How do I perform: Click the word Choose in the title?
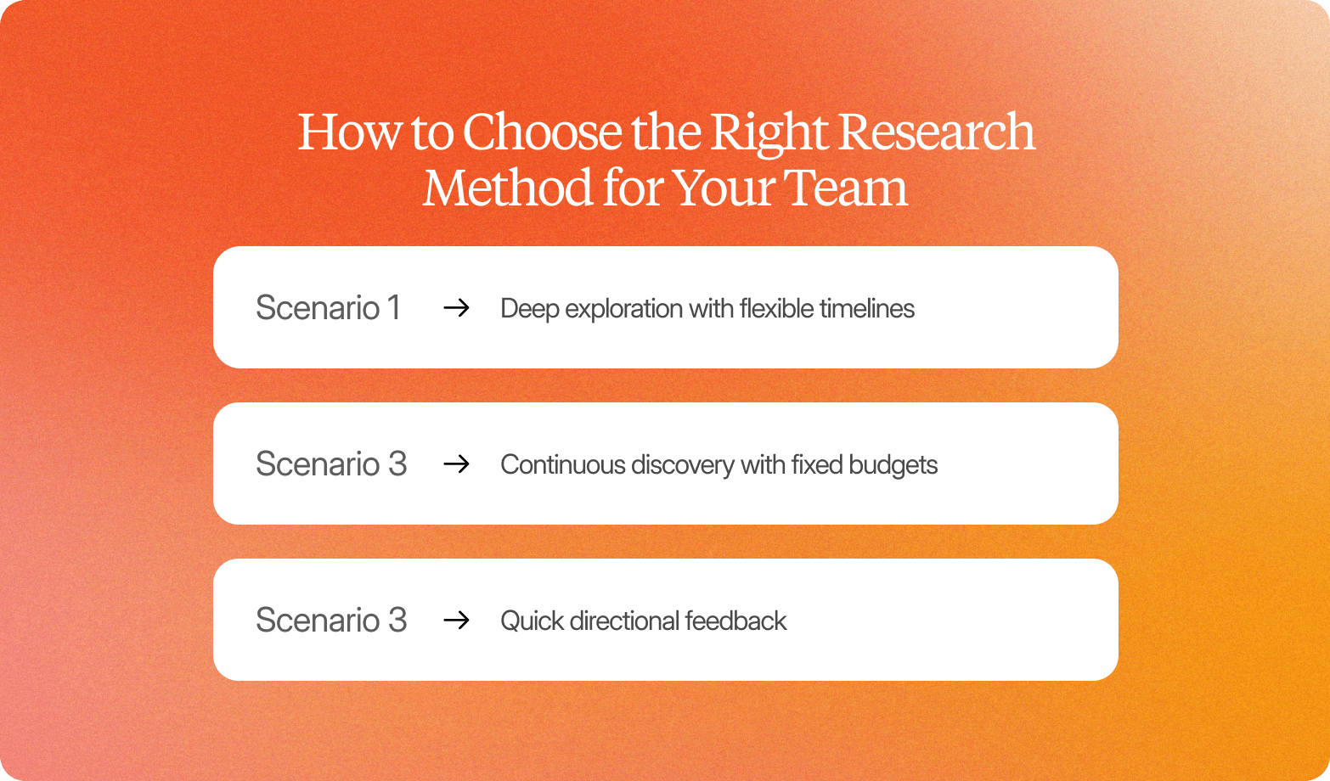point(542,133)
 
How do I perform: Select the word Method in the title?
point(507,188)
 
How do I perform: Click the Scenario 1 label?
point(328,308)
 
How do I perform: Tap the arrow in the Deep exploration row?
point(457,308)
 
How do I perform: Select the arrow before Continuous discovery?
point(457,464)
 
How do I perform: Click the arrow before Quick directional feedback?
point(457,621)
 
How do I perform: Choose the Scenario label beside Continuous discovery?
point(331,464)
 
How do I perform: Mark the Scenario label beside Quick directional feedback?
point(331,621)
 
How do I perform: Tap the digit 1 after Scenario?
point(393,308)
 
